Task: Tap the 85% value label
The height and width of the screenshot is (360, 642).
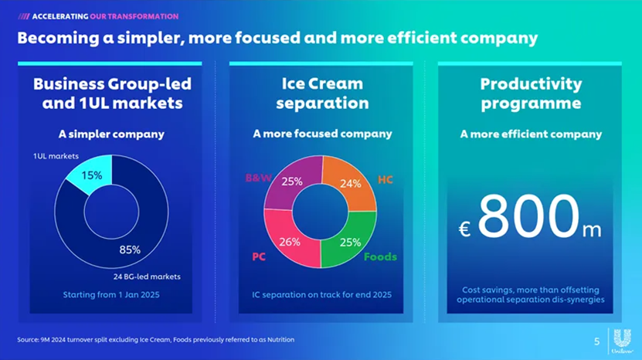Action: pyautogui.click(x=130, y=250)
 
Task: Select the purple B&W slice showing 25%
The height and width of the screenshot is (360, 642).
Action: pyautogui.click(x=292, y=183)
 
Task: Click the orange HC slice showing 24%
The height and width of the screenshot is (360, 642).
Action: pyautogui.click(x=350, y=184)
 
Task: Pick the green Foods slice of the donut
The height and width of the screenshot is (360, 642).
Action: pyautogui.click(x=350, y=241)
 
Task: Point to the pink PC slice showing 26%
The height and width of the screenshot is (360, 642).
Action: pyautogui.click(x=290, y=241)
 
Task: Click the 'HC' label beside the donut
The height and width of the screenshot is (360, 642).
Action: pyautogui.click(x=386, y=180)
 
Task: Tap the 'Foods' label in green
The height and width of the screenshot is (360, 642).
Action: pyautogui.click(x=380, y=256)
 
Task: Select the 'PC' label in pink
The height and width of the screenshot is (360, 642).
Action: pyautogui.click(x=259, y=256)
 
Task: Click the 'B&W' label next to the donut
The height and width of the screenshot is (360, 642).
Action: pyautogui.click(x=258, y=178)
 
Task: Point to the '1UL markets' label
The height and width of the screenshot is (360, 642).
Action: pyautogui.click(x=56, y=156)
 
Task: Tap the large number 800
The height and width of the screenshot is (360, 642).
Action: pyautogui.click(x=528, y=217)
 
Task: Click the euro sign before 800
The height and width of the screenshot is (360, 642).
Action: pyautogui.click(x=464, y=229)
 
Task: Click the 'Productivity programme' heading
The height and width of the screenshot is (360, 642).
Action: pyautogui.click(x=530, y=93)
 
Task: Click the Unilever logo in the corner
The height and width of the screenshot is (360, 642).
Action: pyautogui.click(x=623, y=341)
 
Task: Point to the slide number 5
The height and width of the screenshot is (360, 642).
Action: pyautogui.click(x=596, y=341)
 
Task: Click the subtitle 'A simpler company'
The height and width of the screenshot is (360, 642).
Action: pyautogui.click(x=111, y=134)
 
